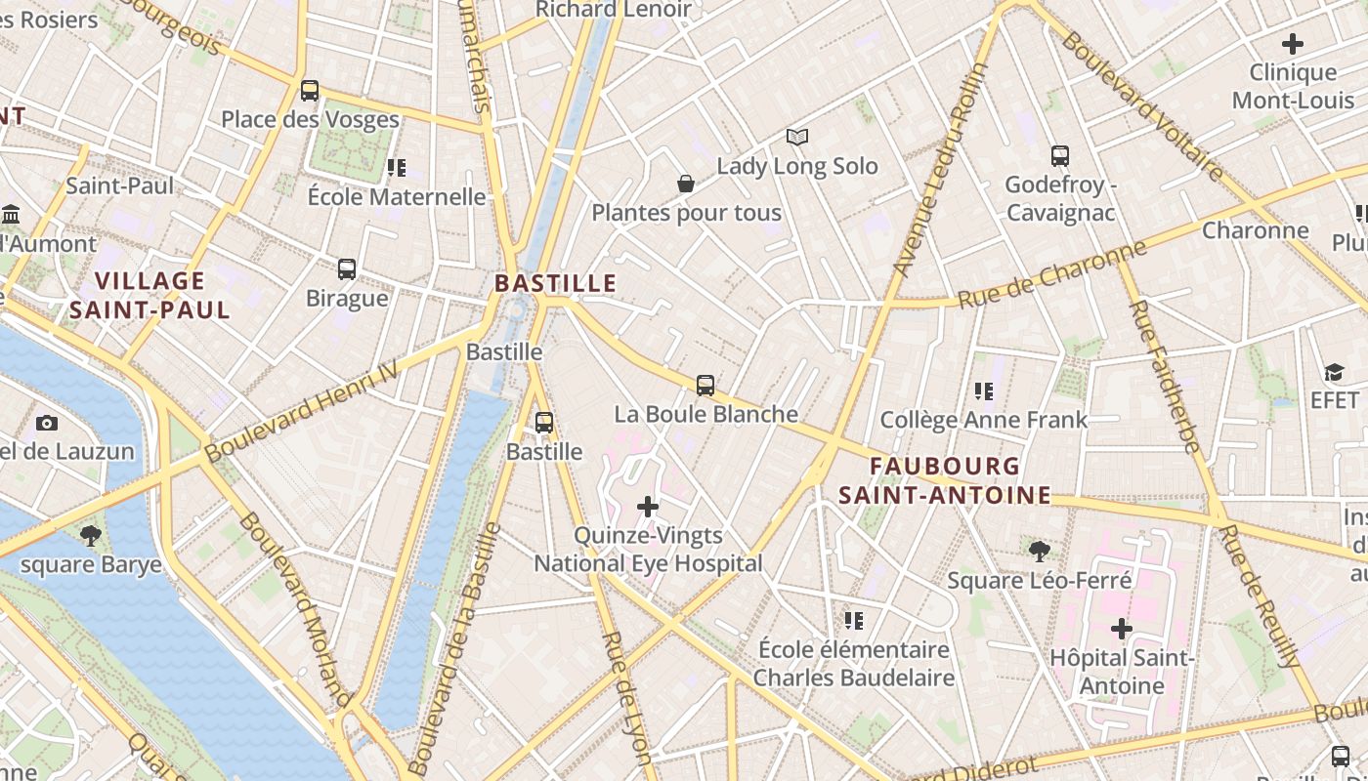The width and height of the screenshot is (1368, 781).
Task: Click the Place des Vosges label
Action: pyautogui.click(x=310, y=119)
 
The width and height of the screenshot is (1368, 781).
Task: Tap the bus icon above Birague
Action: pyautogui.click(x=347, y=268)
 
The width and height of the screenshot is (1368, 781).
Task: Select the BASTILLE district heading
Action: pyautogui.click(x=555, y=283)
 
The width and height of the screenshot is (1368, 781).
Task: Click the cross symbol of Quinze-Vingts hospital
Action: pyautogui.click(x=648, y=506)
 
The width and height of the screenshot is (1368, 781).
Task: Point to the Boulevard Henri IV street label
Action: pyautogui.click(x=302, y=410)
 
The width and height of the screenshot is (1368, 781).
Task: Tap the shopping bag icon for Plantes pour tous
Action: pyautogui.click(x=686, y=184)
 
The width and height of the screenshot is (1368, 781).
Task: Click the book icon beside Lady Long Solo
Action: pyautogui.click(x=797, y=137)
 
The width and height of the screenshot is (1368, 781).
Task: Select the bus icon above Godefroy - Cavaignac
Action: pyautogui.click(x=1060, y=155)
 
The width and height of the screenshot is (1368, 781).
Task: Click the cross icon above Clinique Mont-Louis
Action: pyautogui.click(x=1293, y=43)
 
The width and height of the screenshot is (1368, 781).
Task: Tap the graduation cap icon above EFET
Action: pyautogui.click(x=1334, y=372)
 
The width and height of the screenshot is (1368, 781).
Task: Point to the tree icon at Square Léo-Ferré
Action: pyautogui.click(x=1040, y=552)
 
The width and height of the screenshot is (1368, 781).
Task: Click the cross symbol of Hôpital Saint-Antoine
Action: pyautogui.click(x=1122, y=628)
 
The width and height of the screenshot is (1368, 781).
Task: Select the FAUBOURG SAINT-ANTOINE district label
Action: pyautogui.click(x=945, y=480)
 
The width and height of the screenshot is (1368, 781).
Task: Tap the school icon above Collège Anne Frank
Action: pyautogui.click(x=984, y=391)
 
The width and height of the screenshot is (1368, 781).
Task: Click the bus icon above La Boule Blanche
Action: pyautogui.click(x=705, y=385)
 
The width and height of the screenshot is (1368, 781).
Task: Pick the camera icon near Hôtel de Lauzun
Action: pyautogui.click(x=46, y=423)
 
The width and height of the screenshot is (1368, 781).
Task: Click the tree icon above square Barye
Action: pyautogui.click(x=91, y=535)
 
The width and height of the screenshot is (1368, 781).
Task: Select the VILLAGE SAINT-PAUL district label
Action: pyautogui.click(x=150, y=296)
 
